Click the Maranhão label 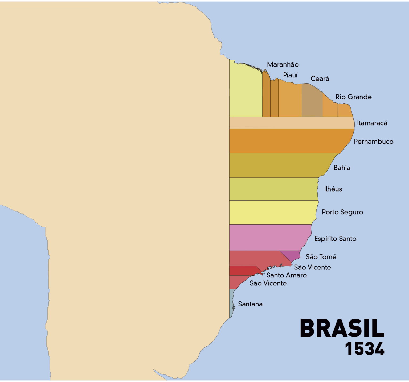283,65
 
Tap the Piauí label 290,75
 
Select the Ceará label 320,79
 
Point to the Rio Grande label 353,97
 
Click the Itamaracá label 372,123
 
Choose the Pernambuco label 374,142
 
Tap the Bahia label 342,168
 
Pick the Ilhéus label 333,189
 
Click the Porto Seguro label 342,212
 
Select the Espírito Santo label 335,239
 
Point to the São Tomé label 321,257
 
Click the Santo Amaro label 287,275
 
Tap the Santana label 250,304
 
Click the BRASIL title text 342,328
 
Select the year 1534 365,349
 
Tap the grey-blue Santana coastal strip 231,303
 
